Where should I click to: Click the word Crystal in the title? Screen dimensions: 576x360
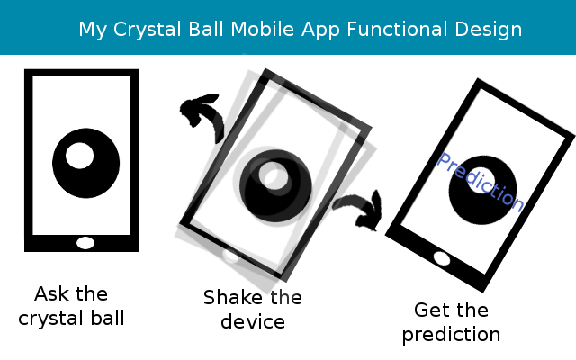click(x=147, y=30)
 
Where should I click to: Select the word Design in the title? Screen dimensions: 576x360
click(x=488, y=30)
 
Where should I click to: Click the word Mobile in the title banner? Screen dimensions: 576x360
click(x=262, y=29)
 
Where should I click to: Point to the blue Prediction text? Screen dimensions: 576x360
click(x=481, y=182)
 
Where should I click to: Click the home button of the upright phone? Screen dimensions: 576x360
click(x=85, y=243)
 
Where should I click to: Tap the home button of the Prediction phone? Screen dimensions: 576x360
click(x=442, y=258)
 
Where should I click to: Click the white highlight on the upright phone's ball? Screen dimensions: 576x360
click(x=79, y=156)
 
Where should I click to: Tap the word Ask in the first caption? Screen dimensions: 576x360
click(x=51, y=294)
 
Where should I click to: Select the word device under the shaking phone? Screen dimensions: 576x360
click(x=253, y=322)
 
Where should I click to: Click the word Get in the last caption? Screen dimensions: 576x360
click(x=431, y=310)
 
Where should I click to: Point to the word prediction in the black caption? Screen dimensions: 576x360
click(x=451, y=335)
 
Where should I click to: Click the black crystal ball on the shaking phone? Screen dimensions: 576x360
click(x=275, y=186)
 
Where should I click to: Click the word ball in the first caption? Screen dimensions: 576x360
click(x=108, y=318)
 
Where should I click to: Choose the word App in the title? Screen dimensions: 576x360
click(x=320, y=30)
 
